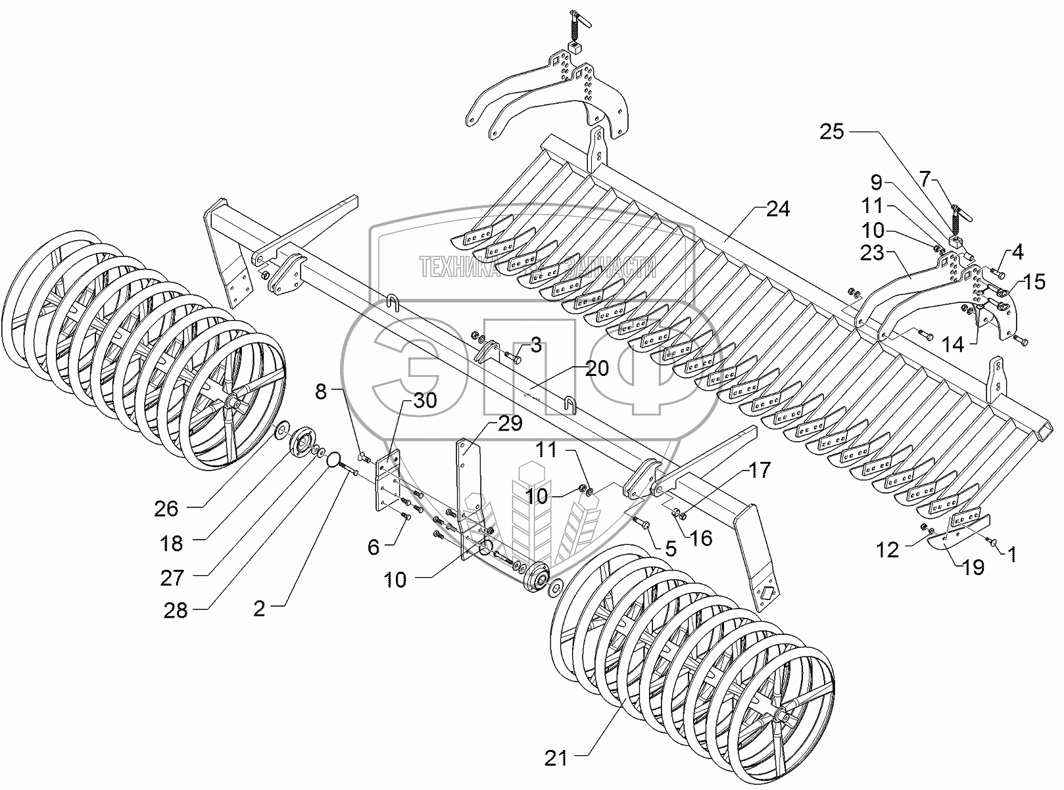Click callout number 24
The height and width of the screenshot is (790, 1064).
click(x=777, y=210)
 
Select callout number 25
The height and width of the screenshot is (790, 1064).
click(x=832, y=132)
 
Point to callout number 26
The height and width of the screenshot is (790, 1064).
click(x=167, y=508)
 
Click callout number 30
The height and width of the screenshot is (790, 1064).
click(x=425, y=400)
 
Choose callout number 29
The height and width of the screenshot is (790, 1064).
click(x=510, y=424)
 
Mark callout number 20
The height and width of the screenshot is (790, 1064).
click(x=597, y=369)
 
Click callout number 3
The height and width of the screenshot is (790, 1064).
click(x=536, y=344)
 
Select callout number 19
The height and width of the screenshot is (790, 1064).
click(x=973, y=567)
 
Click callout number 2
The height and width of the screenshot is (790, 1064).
click(x=260, y=609)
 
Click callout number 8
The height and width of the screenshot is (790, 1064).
click(x=320, y=392)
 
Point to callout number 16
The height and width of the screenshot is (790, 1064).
click(x=702, y=538)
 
